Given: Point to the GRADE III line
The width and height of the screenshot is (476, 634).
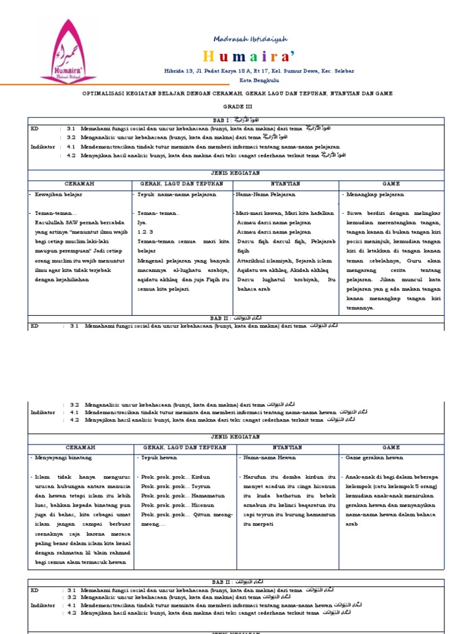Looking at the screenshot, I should pyautogui.click(x=238, y=106).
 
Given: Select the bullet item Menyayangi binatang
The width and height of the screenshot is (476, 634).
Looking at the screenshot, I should pyautogui.click(x=63, y=458).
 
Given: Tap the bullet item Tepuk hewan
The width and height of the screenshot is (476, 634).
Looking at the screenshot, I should pyautogui.click(x=159, y=458).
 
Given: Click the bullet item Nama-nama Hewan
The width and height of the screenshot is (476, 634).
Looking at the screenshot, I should pyautogui.click(x=270, y=458).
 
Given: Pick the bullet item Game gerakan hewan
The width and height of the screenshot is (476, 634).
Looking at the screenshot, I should pyautogui.click(x=376, y=458).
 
